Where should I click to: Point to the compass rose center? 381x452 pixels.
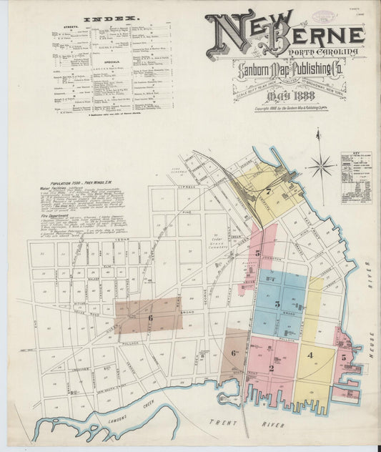[321, 167]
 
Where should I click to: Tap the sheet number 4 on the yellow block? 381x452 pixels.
[310, 355]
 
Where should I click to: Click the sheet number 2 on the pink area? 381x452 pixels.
[271, 368]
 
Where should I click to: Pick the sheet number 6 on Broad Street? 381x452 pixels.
[150, 318]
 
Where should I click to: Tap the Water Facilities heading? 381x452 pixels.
[52, 189]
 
